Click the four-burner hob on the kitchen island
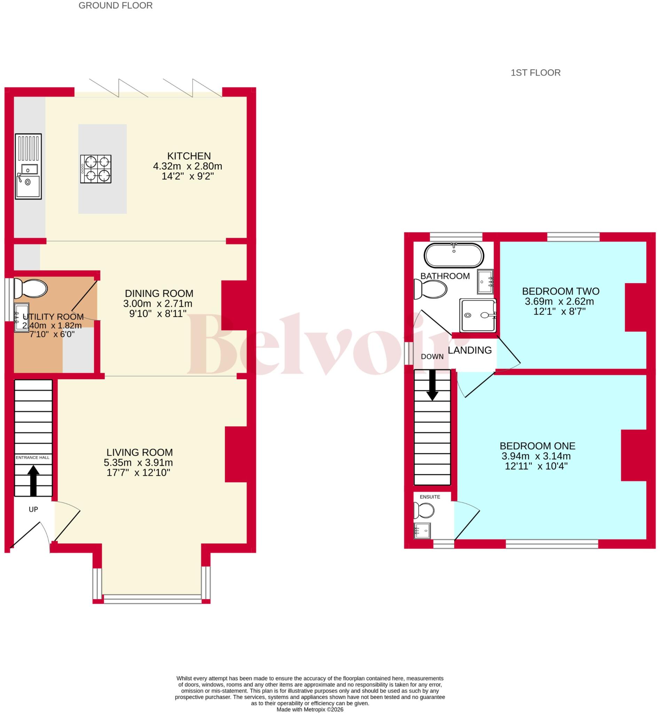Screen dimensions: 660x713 point(96,169)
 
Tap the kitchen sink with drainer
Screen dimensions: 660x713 point(28,166)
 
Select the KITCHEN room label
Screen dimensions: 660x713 point(189,156)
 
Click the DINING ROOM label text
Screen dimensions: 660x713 point(159,293)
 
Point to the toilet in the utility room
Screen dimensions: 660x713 point(30,289)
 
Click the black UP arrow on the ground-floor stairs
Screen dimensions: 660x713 point(33,480)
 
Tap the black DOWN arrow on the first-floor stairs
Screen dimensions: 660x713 point(432,385)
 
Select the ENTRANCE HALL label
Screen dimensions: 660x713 point(32,457)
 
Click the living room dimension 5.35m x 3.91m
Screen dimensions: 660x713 point(138,463)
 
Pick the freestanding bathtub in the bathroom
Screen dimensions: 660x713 point(454,256)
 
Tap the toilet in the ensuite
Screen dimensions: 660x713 point(424,510)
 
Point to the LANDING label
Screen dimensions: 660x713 point(470,351)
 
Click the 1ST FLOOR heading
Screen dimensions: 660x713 point(535,73)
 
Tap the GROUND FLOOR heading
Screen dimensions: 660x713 point(115,6)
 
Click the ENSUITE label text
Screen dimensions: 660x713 point(430,497)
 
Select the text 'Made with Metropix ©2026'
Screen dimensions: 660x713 point(310,710)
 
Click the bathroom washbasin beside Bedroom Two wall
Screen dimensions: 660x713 point(485,282)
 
